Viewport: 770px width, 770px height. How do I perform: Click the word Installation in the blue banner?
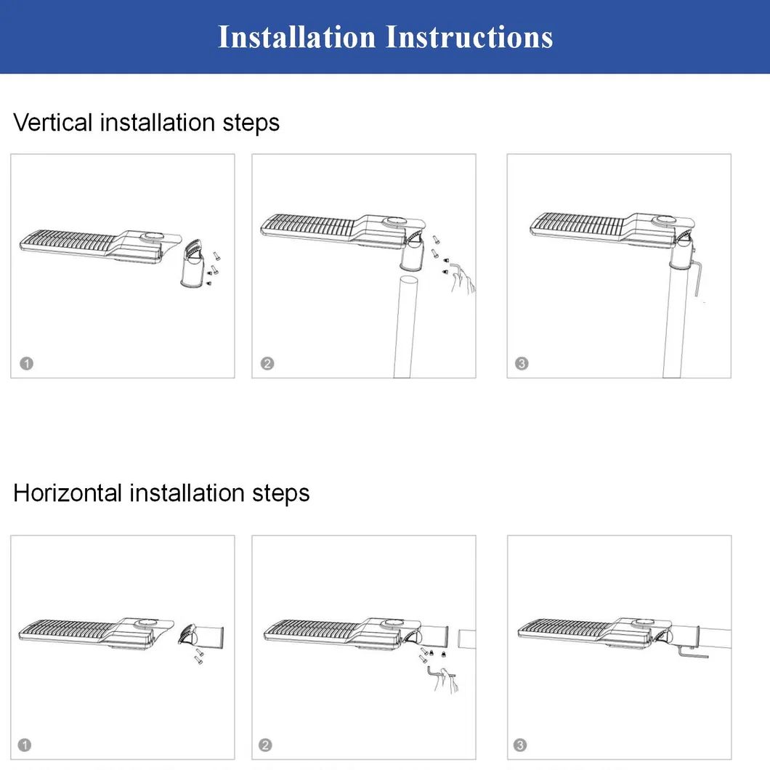pos(296,37)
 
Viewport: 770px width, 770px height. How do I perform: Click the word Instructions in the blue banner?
pos(469,37)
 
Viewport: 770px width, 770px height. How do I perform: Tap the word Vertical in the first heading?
pos(52,122)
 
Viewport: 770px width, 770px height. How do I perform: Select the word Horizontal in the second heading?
pos(68,493)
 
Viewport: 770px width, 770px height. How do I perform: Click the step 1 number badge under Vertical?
pos(27,363)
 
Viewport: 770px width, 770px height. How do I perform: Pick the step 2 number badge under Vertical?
pos(267,363)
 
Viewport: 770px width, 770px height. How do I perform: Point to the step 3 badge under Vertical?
pos(522,363)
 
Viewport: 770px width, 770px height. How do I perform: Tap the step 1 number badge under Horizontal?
pos(25,745)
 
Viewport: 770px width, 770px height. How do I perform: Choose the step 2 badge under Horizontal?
pos(265,745)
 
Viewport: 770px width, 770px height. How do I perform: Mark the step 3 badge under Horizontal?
pos(520,745)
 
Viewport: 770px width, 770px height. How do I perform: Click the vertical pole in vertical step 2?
pos(405,327)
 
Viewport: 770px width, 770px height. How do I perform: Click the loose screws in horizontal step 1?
pos(199,656)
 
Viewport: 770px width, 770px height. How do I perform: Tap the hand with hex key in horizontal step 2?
pos(444,680)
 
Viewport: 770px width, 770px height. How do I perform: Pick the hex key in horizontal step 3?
pos(692,652)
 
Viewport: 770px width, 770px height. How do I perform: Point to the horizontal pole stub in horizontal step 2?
pos(467,639)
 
